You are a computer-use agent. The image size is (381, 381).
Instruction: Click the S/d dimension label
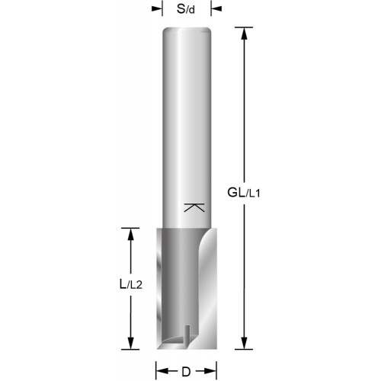click(x=186, y=9)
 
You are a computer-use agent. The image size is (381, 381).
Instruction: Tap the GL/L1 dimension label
click(x=244, y=193)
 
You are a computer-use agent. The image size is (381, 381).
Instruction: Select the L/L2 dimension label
click(x=130, y=284)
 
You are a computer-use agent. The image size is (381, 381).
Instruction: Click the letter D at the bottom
click(x=186, y=372)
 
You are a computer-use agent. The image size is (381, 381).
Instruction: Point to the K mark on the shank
click(x=194, y=207)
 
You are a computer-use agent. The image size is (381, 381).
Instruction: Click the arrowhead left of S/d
click(x=156, y=9)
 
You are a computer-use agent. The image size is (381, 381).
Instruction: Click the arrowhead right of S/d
click(x=216, y=9)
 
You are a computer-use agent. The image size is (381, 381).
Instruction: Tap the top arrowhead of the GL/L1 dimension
click(x=244, y=34)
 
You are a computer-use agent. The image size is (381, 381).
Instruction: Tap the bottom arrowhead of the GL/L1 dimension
click(x=244, y=343)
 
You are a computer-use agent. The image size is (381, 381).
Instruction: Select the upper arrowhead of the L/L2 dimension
click(x=130, y=235)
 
